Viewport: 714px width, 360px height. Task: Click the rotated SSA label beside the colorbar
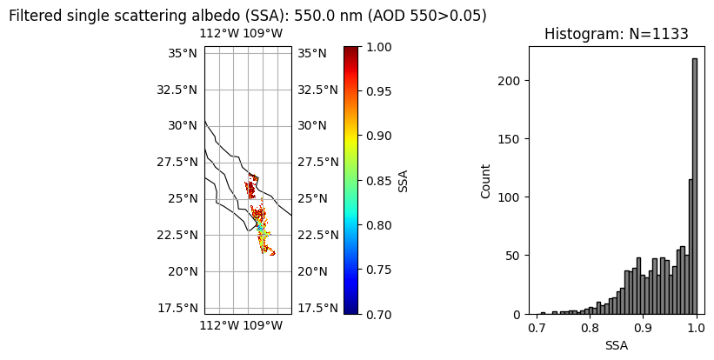pyautogui.click(x=404, y=181)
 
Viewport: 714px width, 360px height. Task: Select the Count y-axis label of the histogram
pyautogui.click(x=486, y=181)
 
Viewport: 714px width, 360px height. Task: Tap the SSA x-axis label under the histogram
pyautogui.click(x=616, y=345)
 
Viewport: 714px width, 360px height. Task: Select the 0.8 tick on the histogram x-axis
pyautogui.click(x=590, y=330)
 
